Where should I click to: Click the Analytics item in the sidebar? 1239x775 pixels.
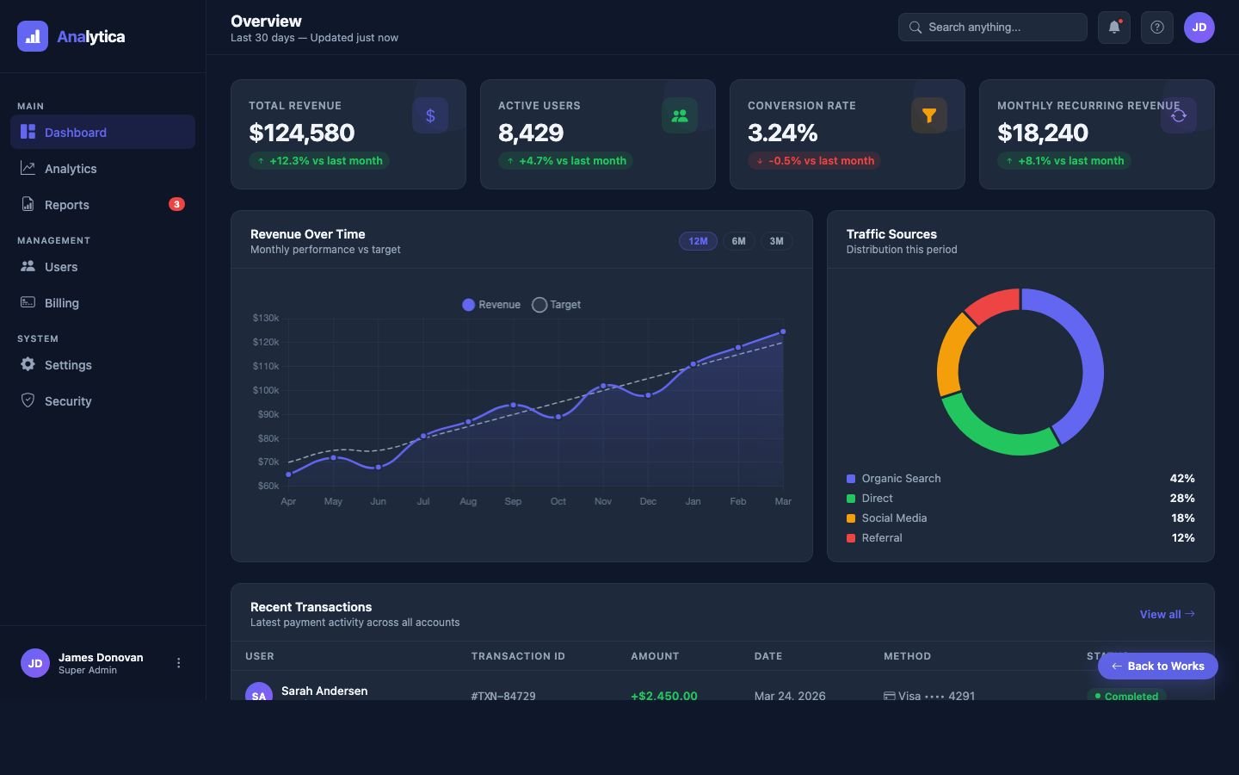[x=71, y=169]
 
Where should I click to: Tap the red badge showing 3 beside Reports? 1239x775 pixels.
[x=176, y=204]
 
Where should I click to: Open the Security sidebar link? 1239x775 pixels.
[x=68, y=401]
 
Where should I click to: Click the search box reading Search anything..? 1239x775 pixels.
[x=992, y=28]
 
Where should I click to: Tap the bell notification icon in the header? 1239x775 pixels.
[x=1113, y=28]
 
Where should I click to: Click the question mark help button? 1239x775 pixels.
[x=1157, y=28]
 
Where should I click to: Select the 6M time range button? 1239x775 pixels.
[x=738, y=241]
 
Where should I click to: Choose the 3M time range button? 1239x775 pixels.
[x=776, y=241]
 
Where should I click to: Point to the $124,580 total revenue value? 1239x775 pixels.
[x=301, y=133]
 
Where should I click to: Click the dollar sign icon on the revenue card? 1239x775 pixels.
[x=430, y=115]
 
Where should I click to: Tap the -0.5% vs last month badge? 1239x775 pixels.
[x=814, y=161]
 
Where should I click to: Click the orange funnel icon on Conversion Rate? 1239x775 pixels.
[x=929, y=115]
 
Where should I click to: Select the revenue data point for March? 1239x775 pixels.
[x=783, y=332]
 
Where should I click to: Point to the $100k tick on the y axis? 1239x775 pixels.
[x=266, y=390]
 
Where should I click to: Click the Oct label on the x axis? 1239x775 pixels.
[x=558, y=501]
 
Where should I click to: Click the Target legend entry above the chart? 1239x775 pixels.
[x=557, y=305]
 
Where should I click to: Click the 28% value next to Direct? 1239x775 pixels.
[x=1181, y=499]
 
